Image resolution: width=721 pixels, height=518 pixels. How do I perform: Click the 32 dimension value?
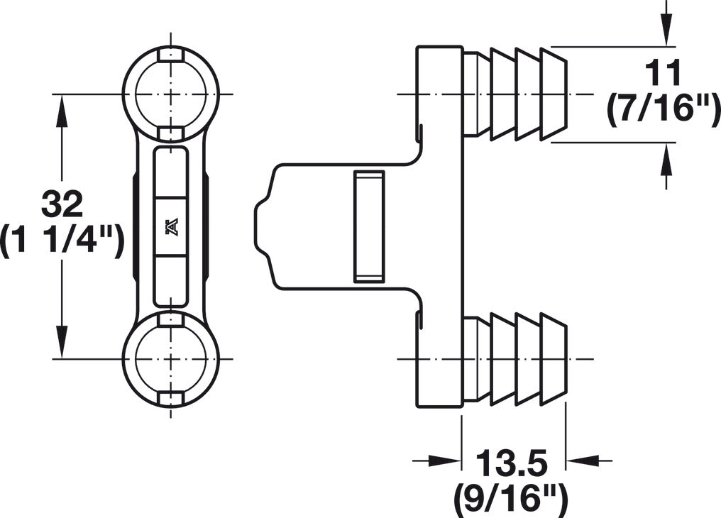click(62, 204)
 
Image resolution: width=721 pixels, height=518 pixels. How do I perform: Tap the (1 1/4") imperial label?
click(62, 241)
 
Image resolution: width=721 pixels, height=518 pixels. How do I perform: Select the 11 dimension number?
click(663, 74)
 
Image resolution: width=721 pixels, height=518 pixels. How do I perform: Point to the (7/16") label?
click(663, 110)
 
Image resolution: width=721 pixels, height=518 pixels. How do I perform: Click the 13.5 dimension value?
click(512, 463)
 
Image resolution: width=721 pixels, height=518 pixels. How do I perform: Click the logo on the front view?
click(171, 228)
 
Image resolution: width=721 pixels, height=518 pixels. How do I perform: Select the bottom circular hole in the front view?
click(171, 358)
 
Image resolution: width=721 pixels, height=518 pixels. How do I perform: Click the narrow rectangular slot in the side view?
click(369, 226)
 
